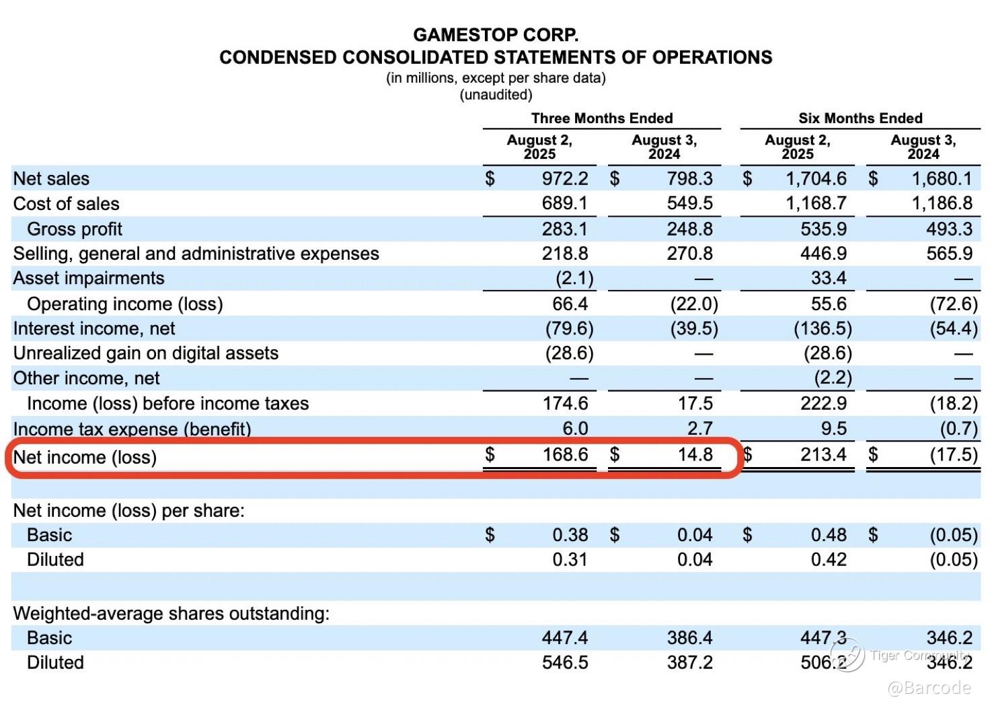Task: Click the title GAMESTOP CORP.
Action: (x=496, y=34)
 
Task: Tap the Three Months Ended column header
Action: (x=601, y=118)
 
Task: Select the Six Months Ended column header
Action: (x=860, y=118)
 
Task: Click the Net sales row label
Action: (x=51, y=178)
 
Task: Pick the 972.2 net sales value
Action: (x=565, y=178)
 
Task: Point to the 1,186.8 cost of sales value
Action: (x=942, y=203)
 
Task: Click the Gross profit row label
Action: (x=75, y=229)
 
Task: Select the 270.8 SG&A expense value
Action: (x=689, y=254)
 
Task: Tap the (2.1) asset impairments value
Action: (x=574, y=279)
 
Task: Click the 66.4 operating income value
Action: (x=570, y=304)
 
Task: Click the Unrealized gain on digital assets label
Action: (x=145, y=353)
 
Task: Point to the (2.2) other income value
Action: (x=833, y=378)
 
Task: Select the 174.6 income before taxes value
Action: (x=565, y=403)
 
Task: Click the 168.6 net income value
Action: (x=565, y=455)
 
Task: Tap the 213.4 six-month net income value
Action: (x=823, y=455)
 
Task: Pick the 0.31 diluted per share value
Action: (x=570, y=560)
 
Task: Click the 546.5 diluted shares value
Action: (x=565, y=663)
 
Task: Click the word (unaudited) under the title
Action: (x=496, y=95)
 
